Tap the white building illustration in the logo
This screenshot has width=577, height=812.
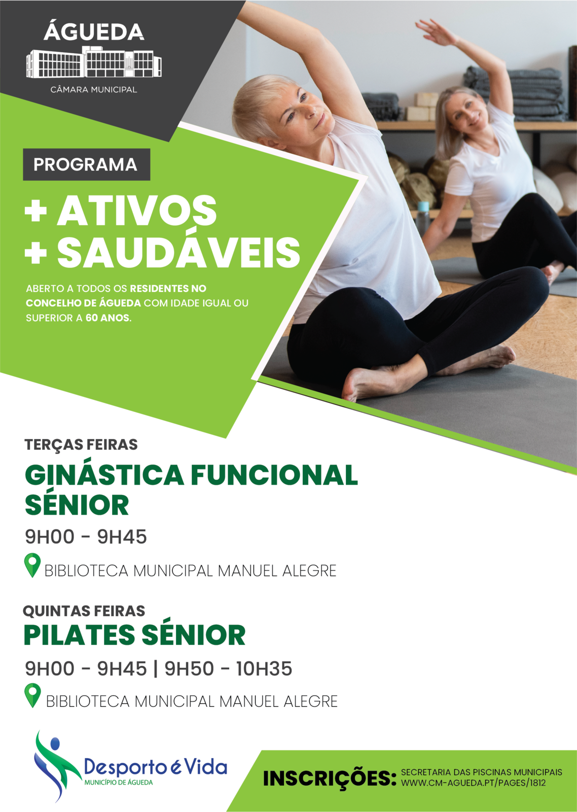[94, 62]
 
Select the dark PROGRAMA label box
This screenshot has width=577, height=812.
[87, 164]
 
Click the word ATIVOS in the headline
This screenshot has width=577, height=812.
[137, 210]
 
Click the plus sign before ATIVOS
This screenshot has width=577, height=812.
[35, 211]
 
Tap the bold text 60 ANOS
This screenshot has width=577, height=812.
[108, 318]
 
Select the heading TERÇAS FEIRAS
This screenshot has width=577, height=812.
[81, 445]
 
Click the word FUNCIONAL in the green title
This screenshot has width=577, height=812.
[274, 475]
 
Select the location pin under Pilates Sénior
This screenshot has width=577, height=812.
[32, 695]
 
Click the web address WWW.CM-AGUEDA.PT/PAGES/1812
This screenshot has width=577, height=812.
[473, 783]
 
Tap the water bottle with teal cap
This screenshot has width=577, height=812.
[422, 219]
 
